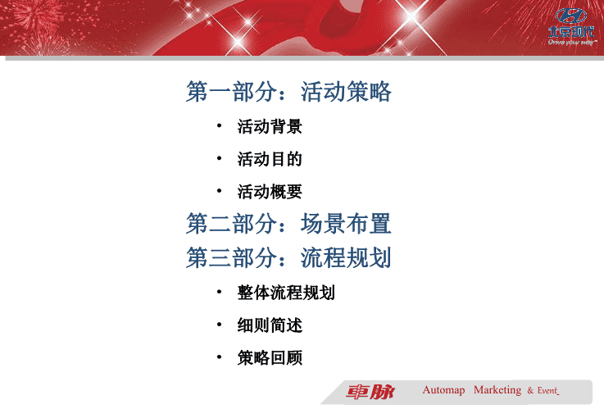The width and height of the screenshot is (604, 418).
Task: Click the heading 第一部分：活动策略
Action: (288, 92)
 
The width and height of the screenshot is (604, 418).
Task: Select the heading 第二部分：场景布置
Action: (288, 224)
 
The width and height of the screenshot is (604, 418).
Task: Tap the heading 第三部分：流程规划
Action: (288, 257)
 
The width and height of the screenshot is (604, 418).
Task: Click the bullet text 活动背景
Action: (270, 127)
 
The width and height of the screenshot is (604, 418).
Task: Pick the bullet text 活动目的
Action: (270, 159)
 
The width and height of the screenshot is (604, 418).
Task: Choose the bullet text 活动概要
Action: (270, 192)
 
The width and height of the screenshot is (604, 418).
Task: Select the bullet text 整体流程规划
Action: (286, 293)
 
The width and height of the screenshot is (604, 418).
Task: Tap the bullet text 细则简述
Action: (270, 325)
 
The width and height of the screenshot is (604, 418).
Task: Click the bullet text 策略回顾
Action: (270, 358)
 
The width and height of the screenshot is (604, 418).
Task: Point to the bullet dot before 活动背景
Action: (219, 125)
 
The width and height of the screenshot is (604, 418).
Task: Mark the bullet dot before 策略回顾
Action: (219, 357)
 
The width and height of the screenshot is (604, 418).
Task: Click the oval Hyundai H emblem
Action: (571, 16)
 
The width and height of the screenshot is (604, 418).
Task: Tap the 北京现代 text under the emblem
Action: (571, 32)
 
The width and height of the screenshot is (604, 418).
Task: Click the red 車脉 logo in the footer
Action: (370, 392)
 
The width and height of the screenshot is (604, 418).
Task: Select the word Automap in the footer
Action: (443, 390)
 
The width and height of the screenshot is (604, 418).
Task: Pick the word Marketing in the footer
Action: (497, 390)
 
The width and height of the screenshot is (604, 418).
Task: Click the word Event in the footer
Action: (547, 391)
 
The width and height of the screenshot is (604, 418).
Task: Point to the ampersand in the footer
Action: (530, 391)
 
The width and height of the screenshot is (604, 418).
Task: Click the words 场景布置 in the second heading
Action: (346, 224)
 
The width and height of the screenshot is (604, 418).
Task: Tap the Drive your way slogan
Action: (572, 43)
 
